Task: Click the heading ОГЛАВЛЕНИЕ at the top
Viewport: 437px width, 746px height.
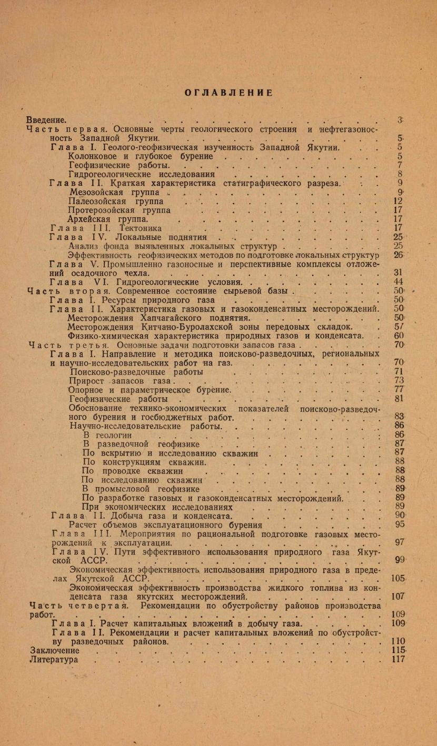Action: coord(229,93)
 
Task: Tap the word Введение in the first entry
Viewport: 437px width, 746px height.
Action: coord(46,120)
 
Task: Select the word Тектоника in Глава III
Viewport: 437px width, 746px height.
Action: coord(141,228)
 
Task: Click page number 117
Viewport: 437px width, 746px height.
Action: coord(398,659)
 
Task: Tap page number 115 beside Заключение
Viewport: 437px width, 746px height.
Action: coord(398,650)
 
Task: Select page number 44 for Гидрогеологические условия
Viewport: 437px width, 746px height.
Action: coord(398,281)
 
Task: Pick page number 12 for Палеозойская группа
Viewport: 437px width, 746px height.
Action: coord(398,201)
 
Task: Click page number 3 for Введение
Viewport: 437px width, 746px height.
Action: coord(400,120)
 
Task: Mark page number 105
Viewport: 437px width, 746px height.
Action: coord(398,578)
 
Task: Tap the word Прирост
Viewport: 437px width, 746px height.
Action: coord(87,380)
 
